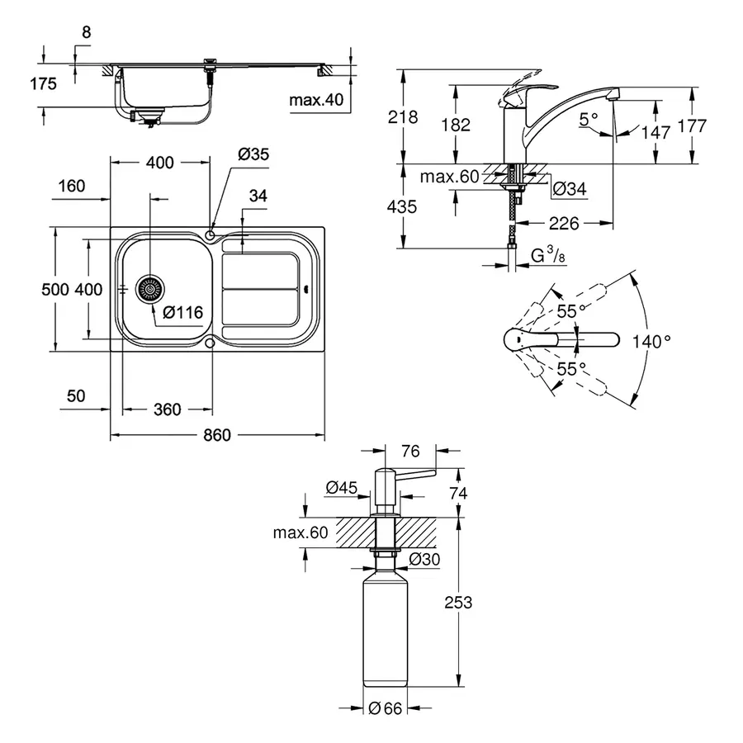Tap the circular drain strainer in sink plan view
[x=150, y=290]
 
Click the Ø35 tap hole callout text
[x=253, y=154]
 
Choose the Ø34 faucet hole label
[x=569, y=189]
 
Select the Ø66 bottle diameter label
[x=384, y=708]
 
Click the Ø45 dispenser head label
[x=341, y=488]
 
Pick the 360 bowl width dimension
[x=166, y=409]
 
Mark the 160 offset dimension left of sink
[x=73, y=186]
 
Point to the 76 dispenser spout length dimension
[x=410, y=451]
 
